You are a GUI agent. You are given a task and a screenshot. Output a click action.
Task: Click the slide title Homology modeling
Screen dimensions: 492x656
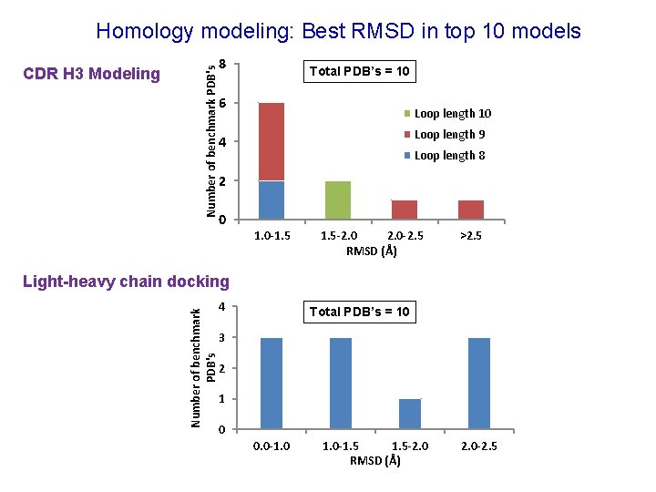[338, 31]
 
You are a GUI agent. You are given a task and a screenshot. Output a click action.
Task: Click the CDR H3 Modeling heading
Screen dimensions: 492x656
[91, 74]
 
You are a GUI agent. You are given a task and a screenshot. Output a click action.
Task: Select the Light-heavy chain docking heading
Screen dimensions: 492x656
[127, 282]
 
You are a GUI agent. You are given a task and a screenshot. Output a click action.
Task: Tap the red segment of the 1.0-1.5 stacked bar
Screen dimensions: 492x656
[272, 142]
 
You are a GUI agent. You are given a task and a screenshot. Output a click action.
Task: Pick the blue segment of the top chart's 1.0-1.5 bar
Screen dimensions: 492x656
[272, 200]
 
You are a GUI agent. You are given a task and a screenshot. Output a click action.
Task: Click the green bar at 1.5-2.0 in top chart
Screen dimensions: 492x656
[338, 200]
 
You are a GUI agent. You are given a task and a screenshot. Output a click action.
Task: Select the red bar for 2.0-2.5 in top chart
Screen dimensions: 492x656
[404, 210]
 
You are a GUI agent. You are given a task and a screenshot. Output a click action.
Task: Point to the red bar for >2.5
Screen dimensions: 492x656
[470, 210]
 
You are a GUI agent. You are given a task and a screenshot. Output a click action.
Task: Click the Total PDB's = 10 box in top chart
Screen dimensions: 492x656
[359, 71]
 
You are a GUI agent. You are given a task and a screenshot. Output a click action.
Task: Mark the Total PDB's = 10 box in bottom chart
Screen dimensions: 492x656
[359, 313]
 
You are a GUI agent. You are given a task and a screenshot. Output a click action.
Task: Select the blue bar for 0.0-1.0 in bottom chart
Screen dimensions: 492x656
[272, 383]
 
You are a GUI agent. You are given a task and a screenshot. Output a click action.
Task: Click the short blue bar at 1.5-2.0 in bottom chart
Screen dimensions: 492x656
[410, 414]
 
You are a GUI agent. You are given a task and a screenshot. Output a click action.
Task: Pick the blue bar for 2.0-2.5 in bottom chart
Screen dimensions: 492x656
[479, 383]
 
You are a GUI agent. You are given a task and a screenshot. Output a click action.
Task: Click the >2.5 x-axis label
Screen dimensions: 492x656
[471, 236]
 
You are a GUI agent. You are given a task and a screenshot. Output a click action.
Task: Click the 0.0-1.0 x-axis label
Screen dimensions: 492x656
[272, 446]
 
